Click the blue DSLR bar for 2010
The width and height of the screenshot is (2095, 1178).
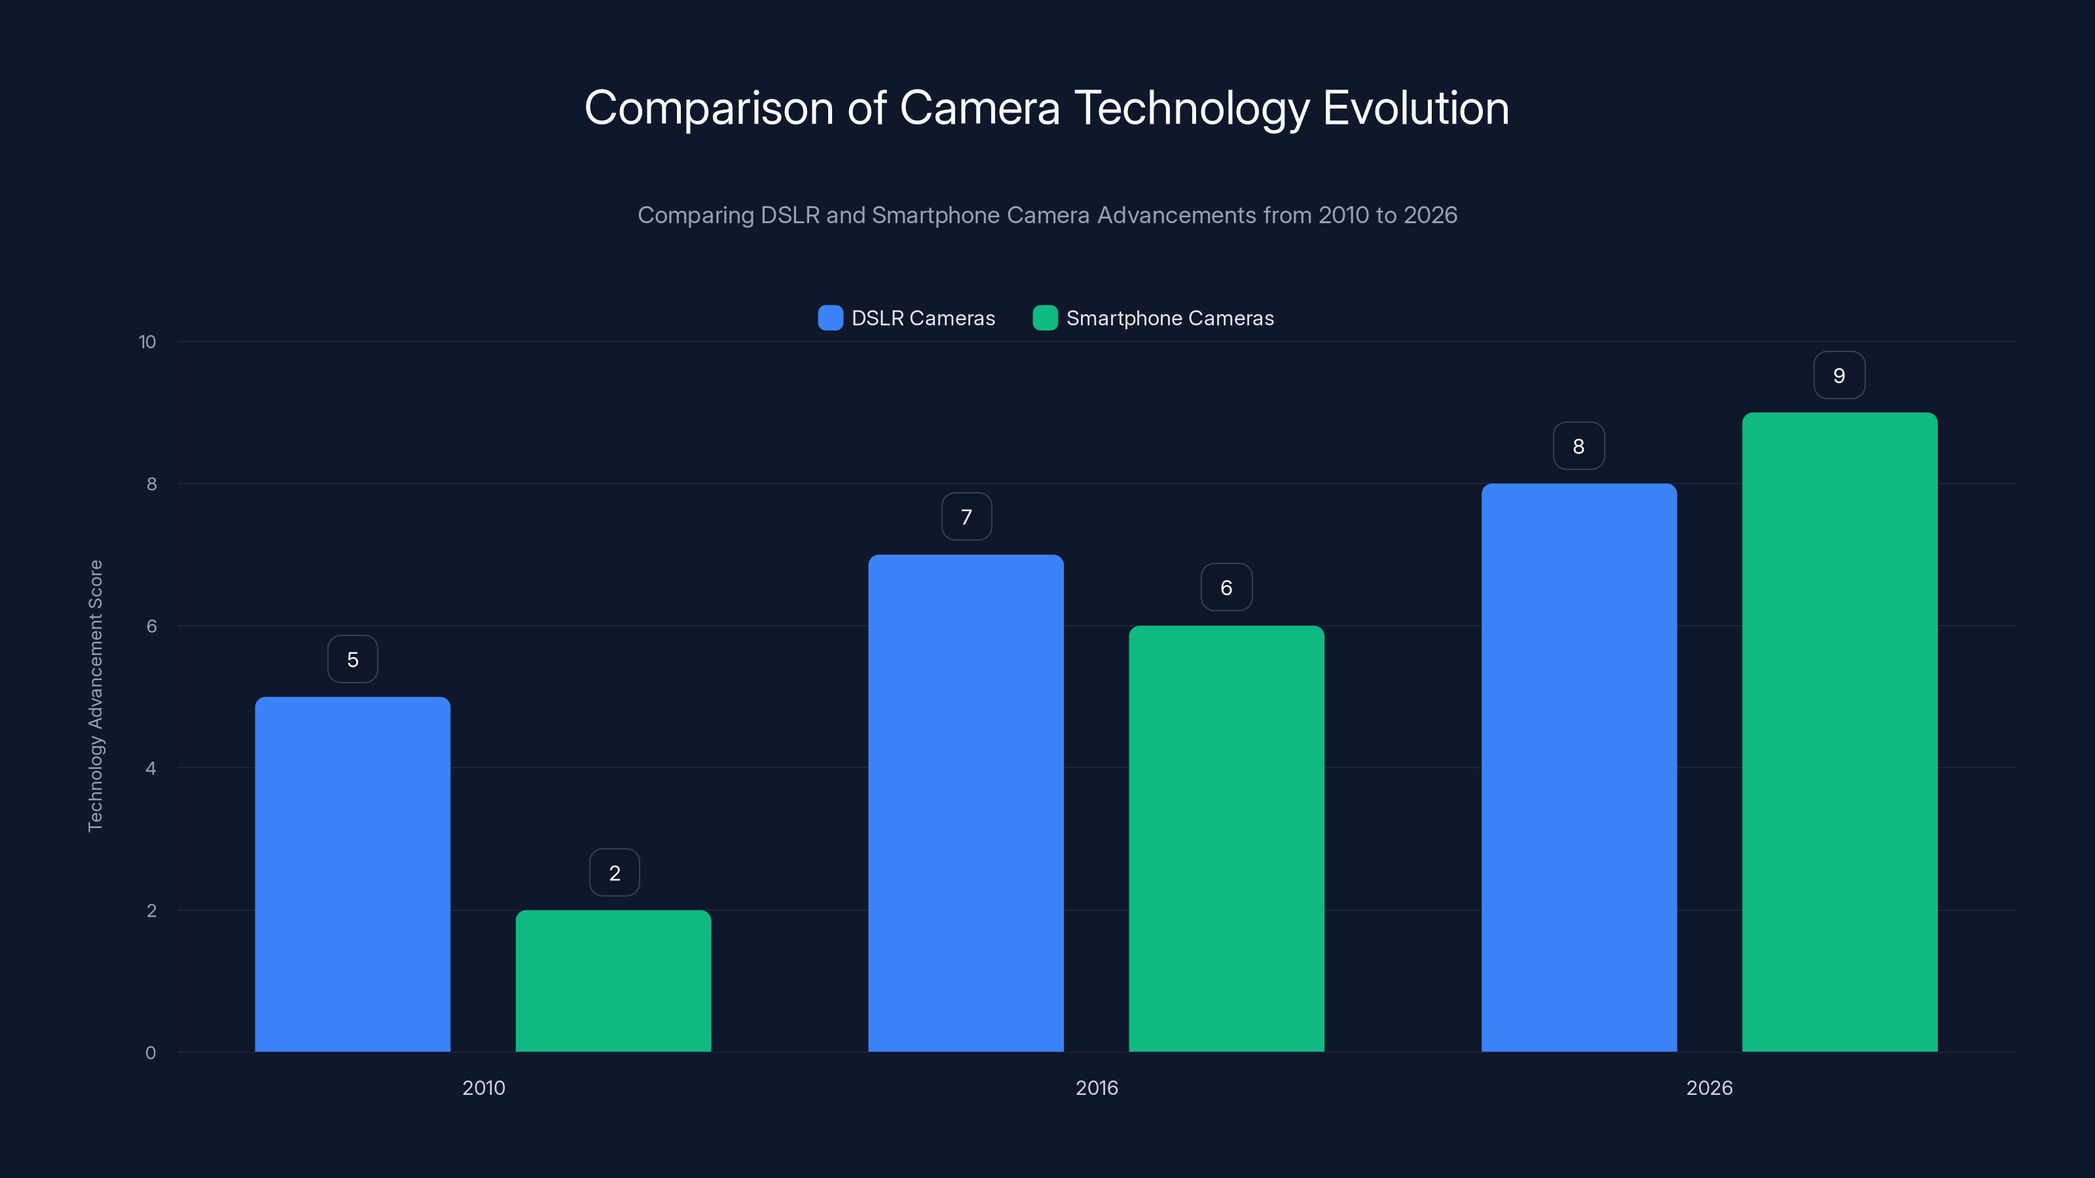click(352, 874)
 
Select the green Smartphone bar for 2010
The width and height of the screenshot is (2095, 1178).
click(613, 980)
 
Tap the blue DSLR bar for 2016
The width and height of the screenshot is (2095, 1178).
click(966, 803)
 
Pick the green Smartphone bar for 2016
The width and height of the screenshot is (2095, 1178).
click(1226, 838)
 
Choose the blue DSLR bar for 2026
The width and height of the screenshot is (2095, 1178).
click(1578, 768)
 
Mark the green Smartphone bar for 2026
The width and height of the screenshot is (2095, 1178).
click(1840, 732)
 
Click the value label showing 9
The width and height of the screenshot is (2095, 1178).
click(1839, 376)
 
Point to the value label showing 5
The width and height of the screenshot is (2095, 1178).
click(352, 659)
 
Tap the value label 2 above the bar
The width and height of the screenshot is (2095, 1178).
click(614, 873)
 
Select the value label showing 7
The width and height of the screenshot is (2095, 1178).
click(966, 517)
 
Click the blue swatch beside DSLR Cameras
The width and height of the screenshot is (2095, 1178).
click(829, 318)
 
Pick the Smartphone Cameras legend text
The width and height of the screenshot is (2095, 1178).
click(1169, 318)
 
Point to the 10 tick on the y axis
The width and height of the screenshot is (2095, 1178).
click(147, 342)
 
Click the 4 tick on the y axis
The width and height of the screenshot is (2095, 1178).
click(151, 768)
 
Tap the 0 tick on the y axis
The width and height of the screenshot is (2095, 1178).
click(151, 1053)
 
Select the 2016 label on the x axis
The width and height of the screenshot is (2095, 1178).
click(1097, 1088)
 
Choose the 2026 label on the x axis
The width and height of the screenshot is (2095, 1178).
click(1709, 1088)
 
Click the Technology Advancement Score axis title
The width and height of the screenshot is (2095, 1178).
click(95, 696)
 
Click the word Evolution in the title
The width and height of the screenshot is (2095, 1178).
click(1415, 108)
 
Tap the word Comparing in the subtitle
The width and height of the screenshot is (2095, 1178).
click(695, 215)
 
